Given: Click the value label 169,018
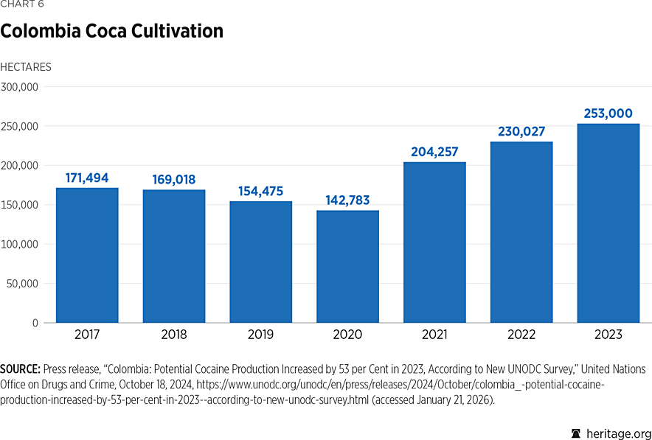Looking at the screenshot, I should click(x=174, y=179).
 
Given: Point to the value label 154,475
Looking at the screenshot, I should click(x=261, y=191).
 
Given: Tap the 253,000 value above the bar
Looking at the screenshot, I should click(x=608, y=114).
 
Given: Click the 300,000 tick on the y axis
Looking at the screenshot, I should click(x=20, y=87).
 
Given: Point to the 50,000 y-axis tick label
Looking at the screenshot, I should click(x=23, y=284).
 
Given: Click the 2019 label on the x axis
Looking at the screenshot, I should click(x=261, y=335).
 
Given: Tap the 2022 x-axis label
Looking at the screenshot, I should click(x=521, y=335).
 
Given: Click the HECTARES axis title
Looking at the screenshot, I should click(x=26, y=67).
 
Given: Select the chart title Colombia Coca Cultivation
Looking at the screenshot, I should click(x=112, y=32).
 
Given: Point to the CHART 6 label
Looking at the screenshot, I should click(x=21, y=4).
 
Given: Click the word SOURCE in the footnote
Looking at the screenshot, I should click(x=20, y=369).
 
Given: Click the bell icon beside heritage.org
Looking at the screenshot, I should click(x=576, y=433).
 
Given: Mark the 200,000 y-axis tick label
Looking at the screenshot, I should click(x=20, y=165).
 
